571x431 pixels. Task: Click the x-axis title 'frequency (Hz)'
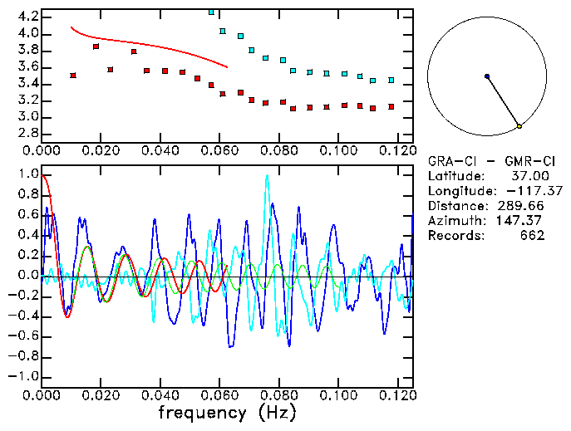226,412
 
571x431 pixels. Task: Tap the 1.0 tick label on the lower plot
27,174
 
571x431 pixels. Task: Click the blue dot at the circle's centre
487,76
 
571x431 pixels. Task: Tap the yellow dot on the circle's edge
519,126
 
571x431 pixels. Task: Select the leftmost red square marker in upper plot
73,76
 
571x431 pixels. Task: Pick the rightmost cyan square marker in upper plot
391,81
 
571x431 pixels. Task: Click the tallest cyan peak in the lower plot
267,176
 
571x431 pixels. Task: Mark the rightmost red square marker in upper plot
391,107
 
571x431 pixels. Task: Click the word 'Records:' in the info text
454,236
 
